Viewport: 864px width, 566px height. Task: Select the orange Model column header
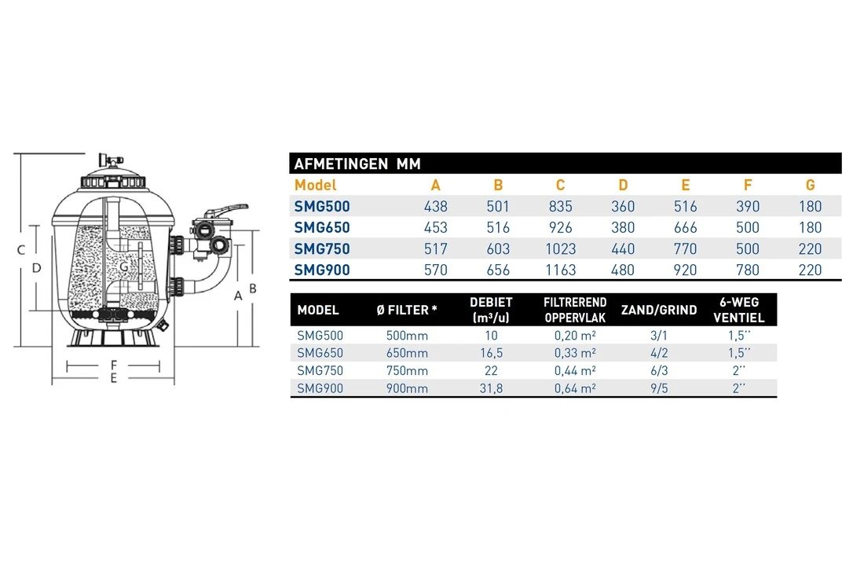tap(315, 186)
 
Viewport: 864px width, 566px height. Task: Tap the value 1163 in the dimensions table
tap(560, 270)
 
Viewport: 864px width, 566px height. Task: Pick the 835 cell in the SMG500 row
tap(560, 207)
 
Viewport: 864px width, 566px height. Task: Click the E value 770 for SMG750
tap(685, 249)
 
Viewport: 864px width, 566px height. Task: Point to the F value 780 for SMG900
tap(747, 270)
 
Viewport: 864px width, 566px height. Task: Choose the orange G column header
tap(810, 186)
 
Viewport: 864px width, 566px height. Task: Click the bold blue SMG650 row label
tap(321, 228)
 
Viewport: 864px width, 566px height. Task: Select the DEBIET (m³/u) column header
tap(491, 310)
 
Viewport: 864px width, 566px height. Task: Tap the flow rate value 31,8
tap(491, 388)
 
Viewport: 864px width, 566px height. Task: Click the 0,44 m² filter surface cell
tap(575, 371)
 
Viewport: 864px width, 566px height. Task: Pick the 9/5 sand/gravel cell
tap(658, 388)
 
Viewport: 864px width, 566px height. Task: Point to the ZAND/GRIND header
tap(658, 310)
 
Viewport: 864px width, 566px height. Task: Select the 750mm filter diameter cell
tap(407, 371)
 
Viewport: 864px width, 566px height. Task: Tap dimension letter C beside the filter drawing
tap(21, 250)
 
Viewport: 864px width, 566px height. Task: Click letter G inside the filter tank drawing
tap(124, 267)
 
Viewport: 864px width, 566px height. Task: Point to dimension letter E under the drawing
tap(114, 379)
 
